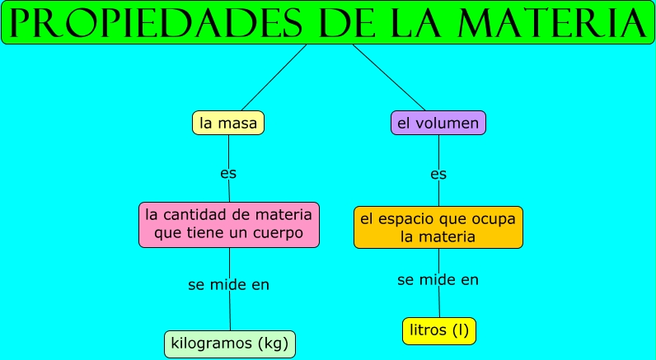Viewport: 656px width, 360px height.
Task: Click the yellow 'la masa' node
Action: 228,124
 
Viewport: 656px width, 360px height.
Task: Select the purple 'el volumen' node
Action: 438,124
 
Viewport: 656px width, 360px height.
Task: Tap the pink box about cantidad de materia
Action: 228,224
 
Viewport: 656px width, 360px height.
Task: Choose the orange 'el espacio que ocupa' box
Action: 438,227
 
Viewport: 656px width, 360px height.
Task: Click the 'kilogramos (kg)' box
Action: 230,343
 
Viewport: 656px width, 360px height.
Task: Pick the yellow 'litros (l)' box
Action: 439,330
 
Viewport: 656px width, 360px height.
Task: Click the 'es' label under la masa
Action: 228,174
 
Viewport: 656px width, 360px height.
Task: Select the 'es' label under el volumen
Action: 438,175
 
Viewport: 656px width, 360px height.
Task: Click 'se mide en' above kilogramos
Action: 229,285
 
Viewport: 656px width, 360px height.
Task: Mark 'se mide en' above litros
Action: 438,280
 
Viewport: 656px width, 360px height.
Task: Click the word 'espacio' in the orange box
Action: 407,219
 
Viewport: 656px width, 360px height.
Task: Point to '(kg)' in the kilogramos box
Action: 273,343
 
